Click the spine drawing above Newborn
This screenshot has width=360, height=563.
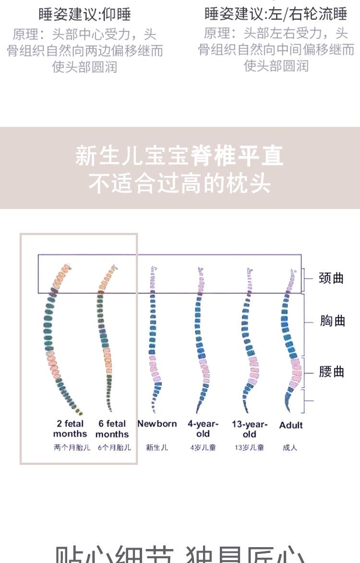pos(153,336)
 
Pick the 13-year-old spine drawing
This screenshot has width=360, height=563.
pos(250,336)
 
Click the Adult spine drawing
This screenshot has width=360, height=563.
pos(291,336)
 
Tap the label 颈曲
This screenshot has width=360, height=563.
pos(331,278)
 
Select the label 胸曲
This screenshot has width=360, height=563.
pos(332,321)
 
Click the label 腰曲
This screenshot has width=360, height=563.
pos(332,372)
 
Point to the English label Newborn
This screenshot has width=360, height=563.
pos(157,424)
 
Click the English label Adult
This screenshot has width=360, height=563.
pos(291,425)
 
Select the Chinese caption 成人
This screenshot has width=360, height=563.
pos(290,448)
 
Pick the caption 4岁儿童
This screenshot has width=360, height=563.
pos(203,448)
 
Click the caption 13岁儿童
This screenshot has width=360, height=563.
pos(249,448)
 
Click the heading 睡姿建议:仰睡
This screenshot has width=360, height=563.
pos(85,14)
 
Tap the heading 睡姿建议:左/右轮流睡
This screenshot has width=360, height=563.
pos(276,14)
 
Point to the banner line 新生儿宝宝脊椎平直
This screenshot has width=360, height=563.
pos(180,156)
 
